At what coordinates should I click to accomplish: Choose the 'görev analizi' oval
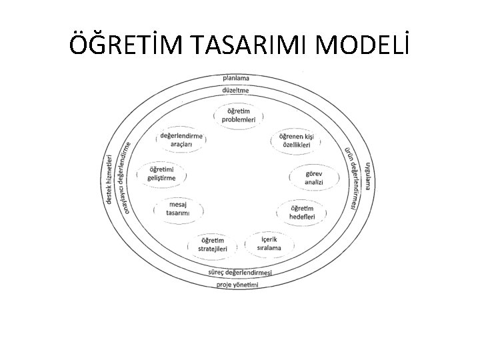click(x=313, y=177)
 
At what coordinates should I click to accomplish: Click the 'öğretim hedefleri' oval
click(x=297, y=213)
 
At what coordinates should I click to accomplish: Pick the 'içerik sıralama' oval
click(x=269, y=242)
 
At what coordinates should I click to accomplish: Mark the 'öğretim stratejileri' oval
click(x=213, y=245)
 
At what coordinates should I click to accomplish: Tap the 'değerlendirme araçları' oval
click(x=181, y=139)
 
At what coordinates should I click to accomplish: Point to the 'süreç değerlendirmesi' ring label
click(x=240, y=273)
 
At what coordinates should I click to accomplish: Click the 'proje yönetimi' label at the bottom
click(x=237, y=285)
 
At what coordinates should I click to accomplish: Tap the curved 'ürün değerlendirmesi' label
click(x=354, y=176)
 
